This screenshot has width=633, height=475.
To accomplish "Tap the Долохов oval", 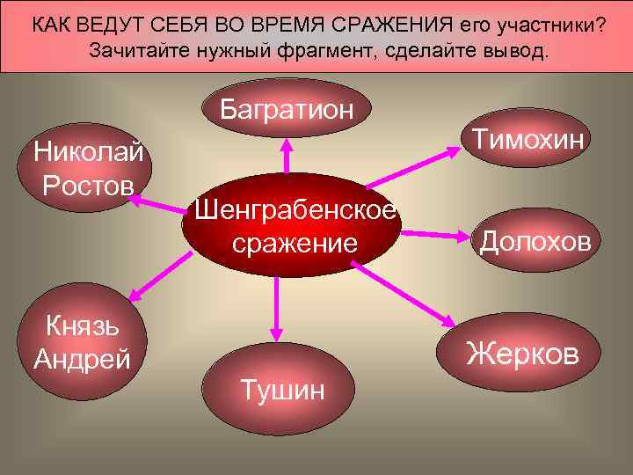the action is pyautogui.click(x=535, y=240).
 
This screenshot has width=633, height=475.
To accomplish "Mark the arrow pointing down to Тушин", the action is pyautogui.click(x=277, y=309).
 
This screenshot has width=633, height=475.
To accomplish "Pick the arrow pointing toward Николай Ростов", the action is pyautogui.click(x=158, y=205).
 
